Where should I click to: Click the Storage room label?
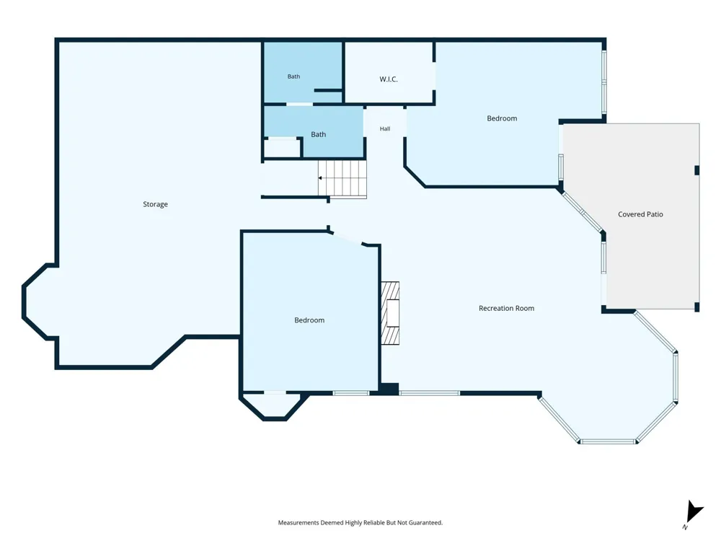click(156, 204)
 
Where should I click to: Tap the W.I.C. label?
click(389, 79)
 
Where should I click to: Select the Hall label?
click(385, 129)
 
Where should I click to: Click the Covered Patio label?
click(640, 214)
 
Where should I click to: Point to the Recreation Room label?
click(506, 308)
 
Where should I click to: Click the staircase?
click(342, 179)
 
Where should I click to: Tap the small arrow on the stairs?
click(320, 178)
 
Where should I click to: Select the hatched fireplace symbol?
click(390, 313)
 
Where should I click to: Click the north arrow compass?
click(694, 513)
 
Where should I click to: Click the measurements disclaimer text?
click(360, 522)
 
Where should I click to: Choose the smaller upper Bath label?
click(294, 76)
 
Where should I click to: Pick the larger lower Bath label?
click(318, 134)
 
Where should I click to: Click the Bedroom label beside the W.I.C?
click(502, 118)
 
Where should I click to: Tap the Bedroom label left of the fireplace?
click(309, 320)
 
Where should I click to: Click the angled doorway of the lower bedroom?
click(348, 238)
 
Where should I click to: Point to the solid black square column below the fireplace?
click(389, 389)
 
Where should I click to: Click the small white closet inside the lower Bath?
click(282, 148)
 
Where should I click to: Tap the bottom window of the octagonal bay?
click(608, 441)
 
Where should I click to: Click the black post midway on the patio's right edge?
click(696, 170)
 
